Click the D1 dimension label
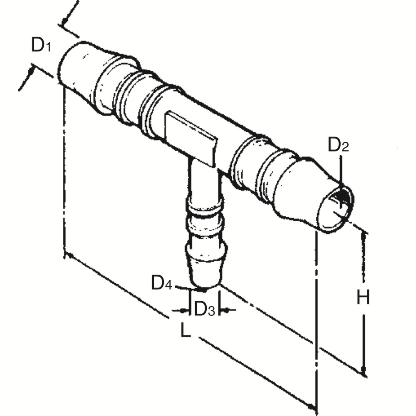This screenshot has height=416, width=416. coord(41,45)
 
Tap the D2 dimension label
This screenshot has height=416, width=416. coord(338,146)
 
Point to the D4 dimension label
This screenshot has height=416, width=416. coord(161,283)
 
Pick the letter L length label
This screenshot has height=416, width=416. coord(186,330)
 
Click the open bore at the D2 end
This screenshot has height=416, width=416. coord(338,208)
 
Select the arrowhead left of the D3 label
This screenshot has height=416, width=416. coord(183,310)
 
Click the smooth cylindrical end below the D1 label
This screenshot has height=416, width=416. coord(77,69)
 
